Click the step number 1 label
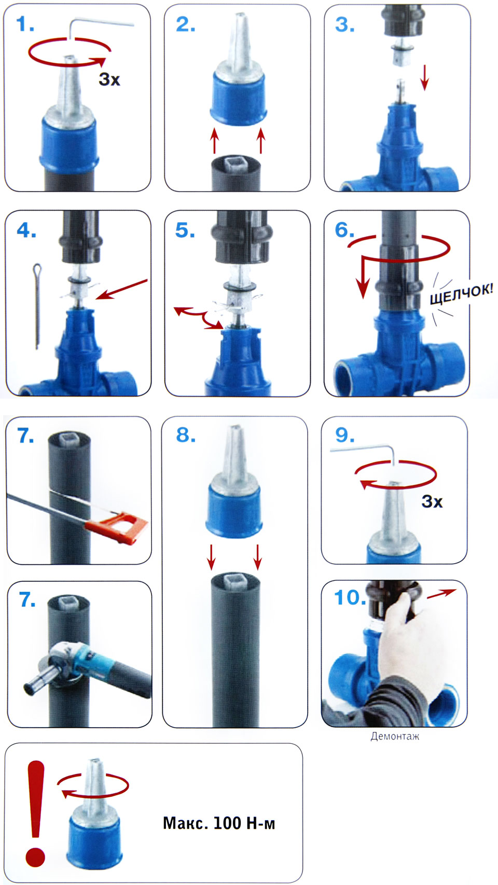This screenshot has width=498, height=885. point(25,24)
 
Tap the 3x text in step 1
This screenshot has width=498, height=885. point(109,79)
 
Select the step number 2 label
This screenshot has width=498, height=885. point(186,24)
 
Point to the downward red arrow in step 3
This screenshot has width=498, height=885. point(424,77)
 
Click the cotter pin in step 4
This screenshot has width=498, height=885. point(37,306)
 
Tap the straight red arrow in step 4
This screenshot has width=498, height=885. point(121,289)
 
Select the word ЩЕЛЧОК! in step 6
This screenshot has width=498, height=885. point(461,294)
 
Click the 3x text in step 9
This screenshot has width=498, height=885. point(432,501)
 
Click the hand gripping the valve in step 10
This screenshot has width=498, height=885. point(403,640)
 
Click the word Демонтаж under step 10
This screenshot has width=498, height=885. point(395,736)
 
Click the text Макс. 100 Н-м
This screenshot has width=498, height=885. point(219,823)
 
